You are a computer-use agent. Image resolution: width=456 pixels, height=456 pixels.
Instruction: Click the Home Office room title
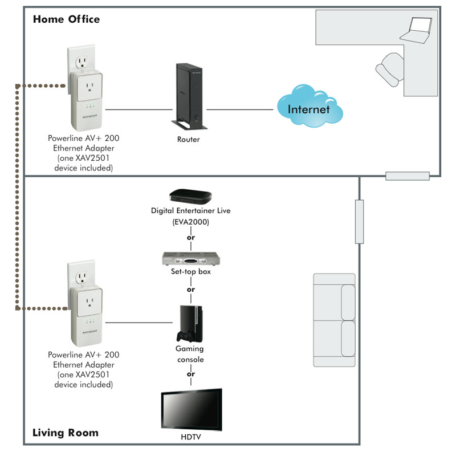[x=66, y=19]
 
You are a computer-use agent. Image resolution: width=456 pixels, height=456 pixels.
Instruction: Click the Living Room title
[x=66, y=433]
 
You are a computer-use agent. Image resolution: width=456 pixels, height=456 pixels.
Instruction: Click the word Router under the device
[x=189, y=139]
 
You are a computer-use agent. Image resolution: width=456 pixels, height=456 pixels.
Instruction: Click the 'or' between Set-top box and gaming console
[x=191, y=289]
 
